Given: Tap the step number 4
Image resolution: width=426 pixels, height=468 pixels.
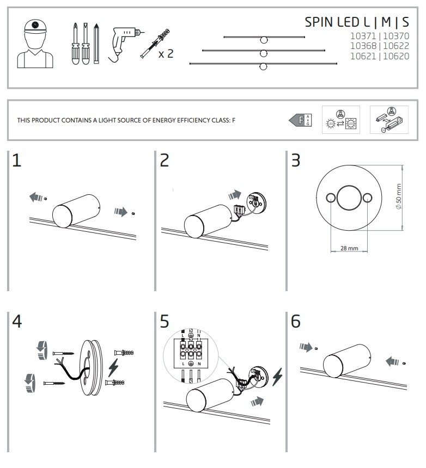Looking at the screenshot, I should click(x=17, y=322).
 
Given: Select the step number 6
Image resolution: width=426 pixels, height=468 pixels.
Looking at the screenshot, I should click(x=295, y=322).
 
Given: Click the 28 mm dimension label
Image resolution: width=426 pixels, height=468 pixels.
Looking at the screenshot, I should click(x=349, y=248).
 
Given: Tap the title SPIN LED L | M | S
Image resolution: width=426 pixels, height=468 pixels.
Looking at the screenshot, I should click(x=356, y=22).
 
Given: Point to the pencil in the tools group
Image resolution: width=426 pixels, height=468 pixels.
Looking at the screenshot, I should click(x=96, y=44).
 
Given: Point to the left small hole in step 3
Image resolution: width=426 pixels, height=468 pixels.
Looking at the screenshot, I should click(x=330, y=197).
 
